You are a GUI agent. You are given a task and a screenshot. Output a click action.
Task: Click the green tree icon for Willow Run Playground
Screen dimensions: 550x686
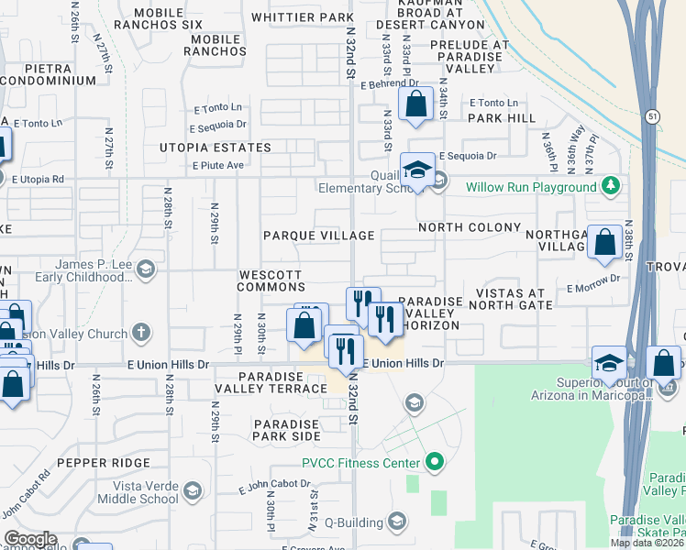611,187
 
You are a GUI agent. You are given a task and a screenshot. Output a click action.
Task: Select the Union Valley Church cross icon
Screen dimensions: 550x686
140,332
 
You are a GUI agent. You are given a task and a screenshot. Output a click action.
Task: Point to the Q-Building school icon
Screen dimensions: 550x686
396,522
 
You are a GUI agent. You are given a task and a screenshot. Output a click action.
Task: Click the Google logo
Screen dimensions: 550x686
29,540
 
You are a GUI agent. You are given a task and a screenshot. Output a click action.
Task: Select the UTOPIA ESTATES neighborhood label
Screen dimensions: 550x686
216,148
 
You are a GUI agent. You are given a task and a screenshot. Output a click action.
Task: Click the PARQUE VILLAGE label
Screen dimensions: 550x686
318,236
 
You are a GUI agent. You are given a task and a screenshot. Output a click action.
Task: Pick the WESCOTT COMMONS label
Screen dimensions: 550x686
270,280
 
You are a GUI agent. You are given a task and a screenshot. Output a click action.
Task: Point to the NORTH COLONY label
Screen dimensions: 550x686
469,227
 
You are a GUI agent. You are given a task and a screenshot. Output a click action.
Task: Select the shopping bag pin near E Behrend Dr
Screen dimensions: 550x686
415,105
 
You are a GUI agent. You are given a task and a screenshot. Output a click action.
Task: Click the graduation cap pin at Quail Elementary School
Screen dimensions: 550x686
417,170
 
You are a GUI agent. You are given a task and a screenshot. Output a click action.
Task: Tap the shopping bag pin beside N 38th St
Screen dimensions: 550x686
604,244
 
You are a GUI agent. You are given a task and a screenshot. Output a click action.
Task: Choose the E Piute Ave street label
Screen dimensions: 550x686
217,165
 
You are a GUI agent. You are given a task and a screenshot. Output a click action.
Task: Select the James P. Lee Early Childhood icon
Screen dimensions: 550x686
148,270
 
